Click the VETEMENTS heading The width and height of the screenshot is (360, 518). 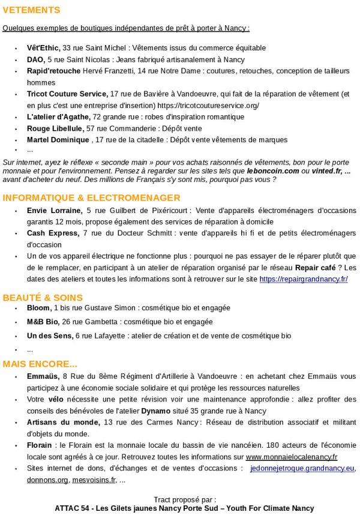coord(31,10)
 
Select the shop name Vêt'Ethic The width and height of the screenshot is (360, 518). coord(43,48)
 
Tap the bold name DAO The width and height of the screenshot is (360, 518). coord(35,59)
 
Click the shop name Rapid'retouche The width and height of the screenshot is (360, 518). coord(53,71)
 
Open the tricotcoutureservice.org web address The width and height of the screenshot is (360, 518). coord(208,106)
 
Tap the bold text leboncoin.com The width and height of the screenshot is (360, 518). coord(273,170)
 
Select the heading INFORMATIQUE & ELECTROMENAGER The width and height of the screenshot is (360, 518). coord(91,197)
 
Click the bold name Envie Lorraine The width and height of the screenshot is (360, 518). coord(55,211)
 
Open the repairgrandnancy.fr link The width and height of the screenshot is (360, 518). coord(303,279)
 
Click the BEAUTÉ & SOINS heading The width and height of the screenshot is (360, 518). coord(43,297)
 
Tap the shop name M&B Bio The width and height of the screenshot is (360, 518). coord(43,322)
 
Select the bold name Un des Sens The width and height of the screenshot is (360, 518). coord(49,336)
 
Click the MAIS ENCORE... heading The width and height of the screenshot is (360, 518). coord(40,364)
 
